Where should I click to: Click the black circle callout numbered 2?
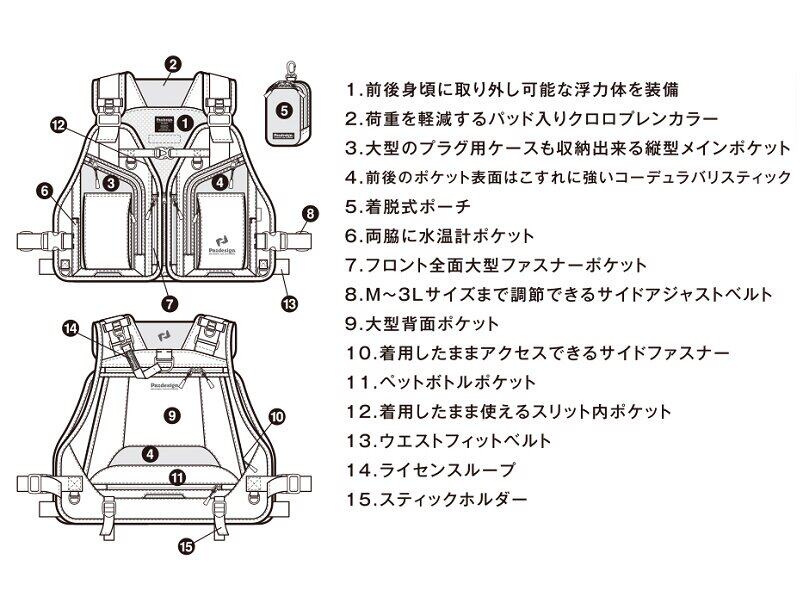[x=173, y=63]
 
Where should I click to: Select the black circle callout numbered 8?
[x=309, y=212]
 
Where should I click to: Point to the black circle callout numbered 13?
[x=290, y=304]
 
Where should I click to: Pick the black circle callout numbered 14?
[x=71, y=328]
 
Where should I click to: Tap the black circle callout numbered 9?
[x=171, y=412]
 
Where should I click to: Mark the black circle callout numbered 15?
[x=186, y=545]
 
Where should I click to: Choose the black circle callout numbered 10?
[x=277, y=414]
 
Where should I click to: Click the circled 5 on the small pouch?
[x=283, y=110]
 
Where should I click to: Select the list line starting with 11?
[x=440, y=381]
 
